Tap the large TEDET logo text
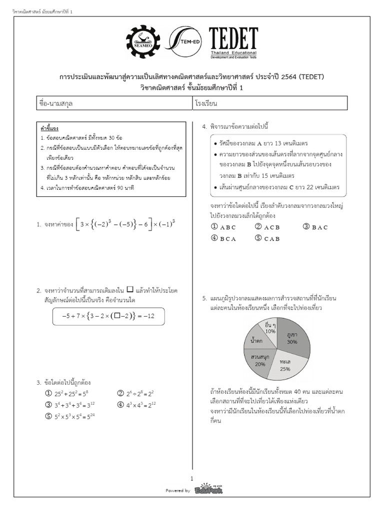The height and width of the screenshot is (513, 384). coord(233,39)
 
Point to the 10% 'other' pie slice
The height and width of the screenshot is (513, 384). coord(269,329)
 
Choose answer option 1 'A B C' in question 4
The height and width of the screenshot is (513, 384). coord(223,227)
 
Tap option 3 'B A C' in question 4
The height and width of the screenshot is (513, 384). coord(315,227)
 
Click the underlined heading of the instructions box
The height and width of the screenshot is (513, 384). coord(49,129)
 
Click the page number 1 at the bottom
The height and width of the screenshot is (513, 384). coord(192,478)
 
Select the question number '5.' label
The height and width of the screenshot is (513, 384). coord(205,298)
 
